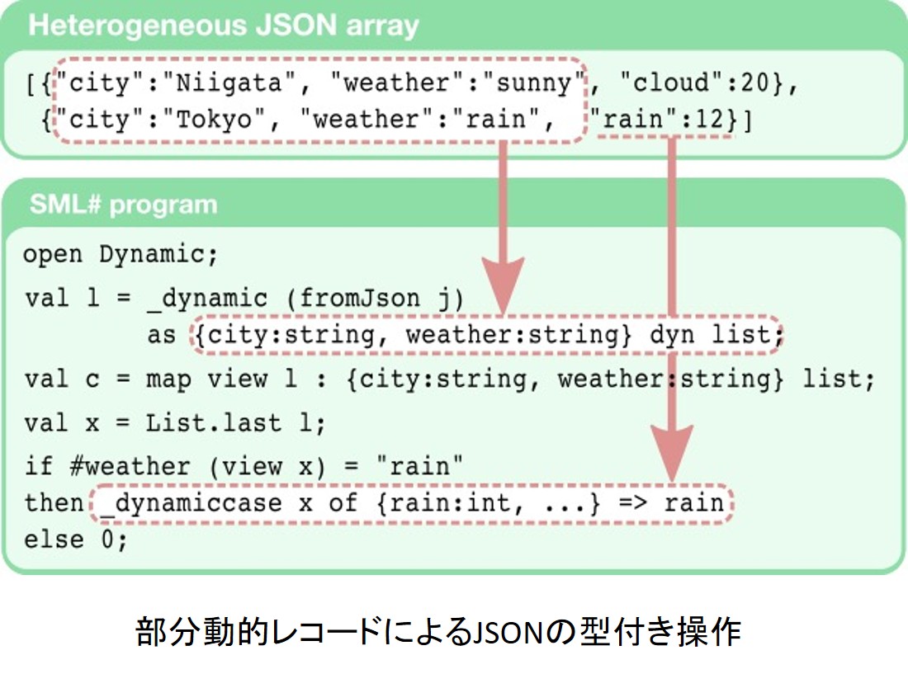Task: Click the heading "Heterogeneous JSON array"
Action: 224,26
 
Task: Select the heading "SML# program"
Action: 123,205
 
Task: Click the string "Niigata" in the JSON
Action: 229,82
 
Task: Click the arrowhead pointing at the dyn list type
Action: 503,285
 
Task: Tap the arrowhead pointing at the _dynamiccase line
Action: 672,452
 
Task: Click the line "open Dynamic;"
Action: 121,255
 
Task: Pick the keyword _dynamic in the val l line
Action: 206,299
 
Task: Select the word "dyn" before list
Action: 672,335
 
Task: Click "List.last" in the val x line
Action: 213,423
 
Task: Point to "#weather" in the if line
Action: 130,466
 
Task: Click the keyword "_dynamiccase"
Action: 191,502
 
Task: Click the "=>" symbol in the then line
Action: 633,502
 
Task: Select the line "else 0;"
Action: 75,540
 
